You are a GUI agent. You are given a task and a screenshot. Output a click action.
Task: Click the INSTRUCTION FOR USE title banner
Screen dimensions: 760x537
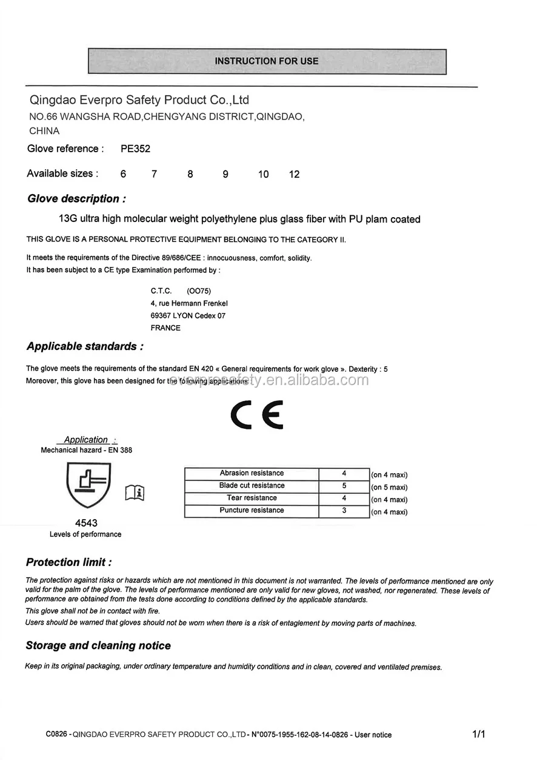click(267, 61)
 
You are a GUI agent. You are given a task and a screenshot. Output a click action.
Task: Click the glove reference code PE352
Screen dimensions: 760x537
click(135, 149)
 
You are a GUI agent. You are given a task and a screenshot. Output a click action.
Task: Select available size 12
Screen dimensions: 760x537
click(295, 175)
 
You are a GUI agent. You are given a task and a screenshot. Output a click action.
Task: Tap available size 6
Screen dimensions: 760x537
click(124, 175)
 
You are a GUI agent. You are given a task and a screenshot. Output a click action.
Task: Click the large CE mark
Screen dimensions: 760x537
click(257, 415)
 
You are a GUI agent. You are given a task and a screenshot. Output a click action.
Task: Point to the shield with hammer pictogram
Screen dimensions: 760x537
click(88, 485)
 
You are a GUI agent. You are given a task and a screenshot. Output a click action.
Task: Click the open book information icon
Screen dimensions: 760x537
click(135, 493)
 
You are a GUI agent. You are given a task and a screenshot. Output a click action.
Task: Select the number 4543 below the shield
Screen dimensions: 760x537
click(86, 523)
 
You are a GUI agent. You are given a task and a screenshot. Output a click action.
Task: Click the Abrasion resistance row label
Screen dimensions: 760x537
click(252, 473)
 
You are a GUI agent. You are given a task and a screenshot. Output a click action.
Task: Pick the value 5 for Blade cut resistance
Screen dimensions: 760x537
click(344, 486)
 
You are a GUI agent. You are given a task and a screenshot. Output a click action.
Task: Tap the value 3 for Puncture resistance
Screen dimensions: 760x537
click(344, 511)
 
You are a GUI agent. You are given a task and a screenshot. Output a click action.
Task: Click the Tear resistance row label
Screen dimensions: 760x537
click(252, 498)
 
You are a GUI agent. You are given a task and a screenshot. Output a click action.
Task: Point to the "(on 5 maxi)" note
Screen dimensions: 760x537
click(389, 488)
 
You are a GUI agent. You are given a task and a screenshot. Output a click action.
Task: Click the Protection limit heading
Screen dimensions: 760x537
click(68, 562)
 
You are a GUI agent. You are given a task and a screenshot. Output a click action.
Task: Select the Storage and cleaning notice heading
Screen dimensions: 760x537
click(98, 645)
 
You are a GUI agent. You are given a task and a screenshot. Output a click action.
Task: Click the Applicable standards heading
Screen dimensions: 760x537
click(85, 346)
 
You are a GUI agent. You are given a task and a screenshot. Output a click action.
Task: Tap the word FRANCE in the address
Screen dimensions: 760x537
click(165, 328)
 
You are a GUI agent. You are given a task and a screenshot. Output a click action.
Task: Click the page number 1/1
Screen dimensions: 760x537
click(479, 735)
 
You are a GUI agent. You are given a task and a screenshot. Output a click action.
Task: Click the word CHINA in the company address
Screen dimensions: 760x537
click(44, 131)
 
